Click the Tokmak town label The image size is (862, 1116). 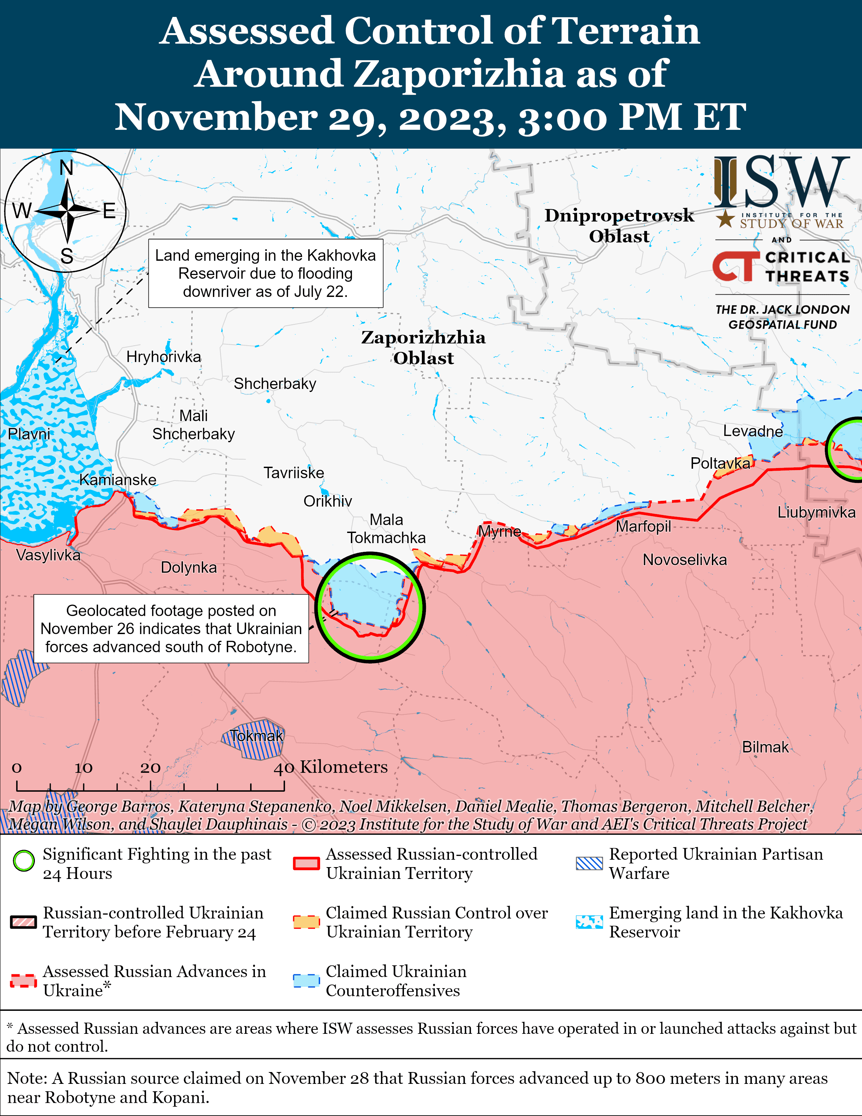click(256, 736)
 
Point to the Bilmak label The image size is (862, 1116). click(765, 747)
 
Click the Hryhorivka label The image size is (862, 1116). click(163, 357)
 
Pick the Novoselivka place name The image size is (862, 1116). click(684, 560)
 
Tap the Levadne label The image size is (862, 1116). click(753, 431)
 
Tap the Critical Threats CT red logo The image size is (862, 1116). click(733, 266)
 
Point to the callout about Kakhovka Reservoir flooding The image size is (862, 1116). click(266, 273)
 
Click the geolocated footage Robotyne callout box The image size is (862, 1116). click(171, 629)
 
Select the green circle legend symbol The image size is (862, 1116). click(24, 861)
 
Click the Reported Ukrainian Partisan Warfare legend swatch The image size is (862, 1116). click(589, 863)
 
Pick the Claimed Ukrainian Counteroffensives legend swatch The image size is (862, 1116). click(306, 981)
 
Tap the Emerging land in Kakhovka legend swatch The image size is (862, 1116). click(589, 922)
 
